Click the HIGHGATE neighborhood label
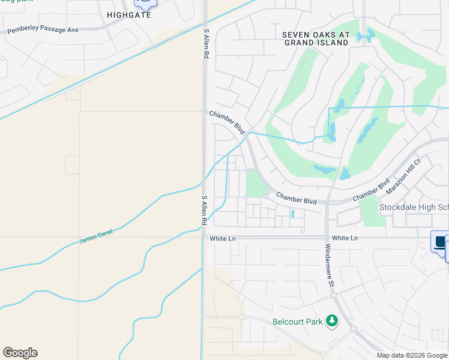(x=129, y=14)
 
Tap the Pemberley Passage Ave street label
(x=43, y=29)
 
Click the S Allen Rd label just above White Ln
(x=204, y=210)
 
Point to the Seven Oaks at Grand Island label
(x=316, y=38)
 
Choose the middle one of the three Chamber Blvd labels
(x=296, y=198)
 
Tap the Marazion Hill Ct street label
(x=405, y=175)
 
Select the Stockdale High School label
(x=414, y=208)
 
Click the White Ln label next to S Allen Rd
(x=222, y=238)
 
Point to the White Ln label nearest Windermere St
(x=345, y=238)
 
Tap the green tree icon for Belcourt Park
(x=331, y=322)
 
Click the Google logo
(x=20, y=353)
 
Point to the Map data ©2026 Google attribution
(x=411, y=355)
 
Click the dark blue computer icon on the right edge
(x=440, y=242)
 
